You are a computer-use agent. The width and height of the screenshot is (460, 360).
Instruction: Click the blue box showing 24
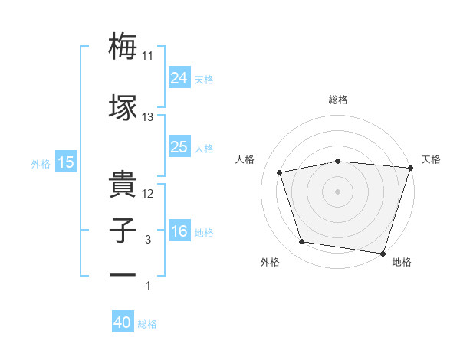179,77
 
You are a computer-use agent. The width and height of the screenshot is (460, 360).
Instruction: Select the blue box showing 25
179,147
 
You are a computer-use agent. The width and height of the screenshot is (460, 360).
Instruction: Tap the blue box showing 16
179,232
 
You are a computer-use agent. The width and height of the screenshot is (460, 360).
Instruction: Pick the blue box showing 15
65,162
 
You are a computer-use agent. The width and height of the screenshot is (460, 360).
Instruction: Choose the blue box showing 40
123,323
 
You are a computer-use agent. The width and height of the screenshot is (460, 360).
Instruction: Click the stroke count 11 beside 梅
148,56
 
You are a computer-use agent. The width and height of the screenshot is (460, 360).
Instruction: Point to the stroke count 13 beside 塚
148,118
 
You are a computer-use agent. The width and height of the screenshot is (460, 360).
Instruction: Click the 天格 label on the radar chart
432,159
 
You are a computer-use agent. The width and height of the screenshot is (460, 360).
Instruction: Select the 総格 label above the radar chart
338,100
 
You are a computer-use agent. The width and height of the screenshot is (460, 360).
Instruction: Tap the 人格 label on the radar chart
246,159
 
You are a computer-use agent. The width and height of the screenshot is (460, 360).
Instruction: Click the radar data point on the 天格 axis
411,168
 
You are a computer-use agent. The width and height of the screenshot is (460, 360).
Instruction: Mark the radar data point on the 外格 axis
302,242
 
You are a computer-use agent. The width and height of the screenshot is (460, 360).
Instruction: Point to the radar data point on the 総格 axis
338,161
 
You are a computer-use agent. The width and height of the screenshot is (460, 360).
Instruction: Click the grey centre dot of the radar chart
338,191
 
